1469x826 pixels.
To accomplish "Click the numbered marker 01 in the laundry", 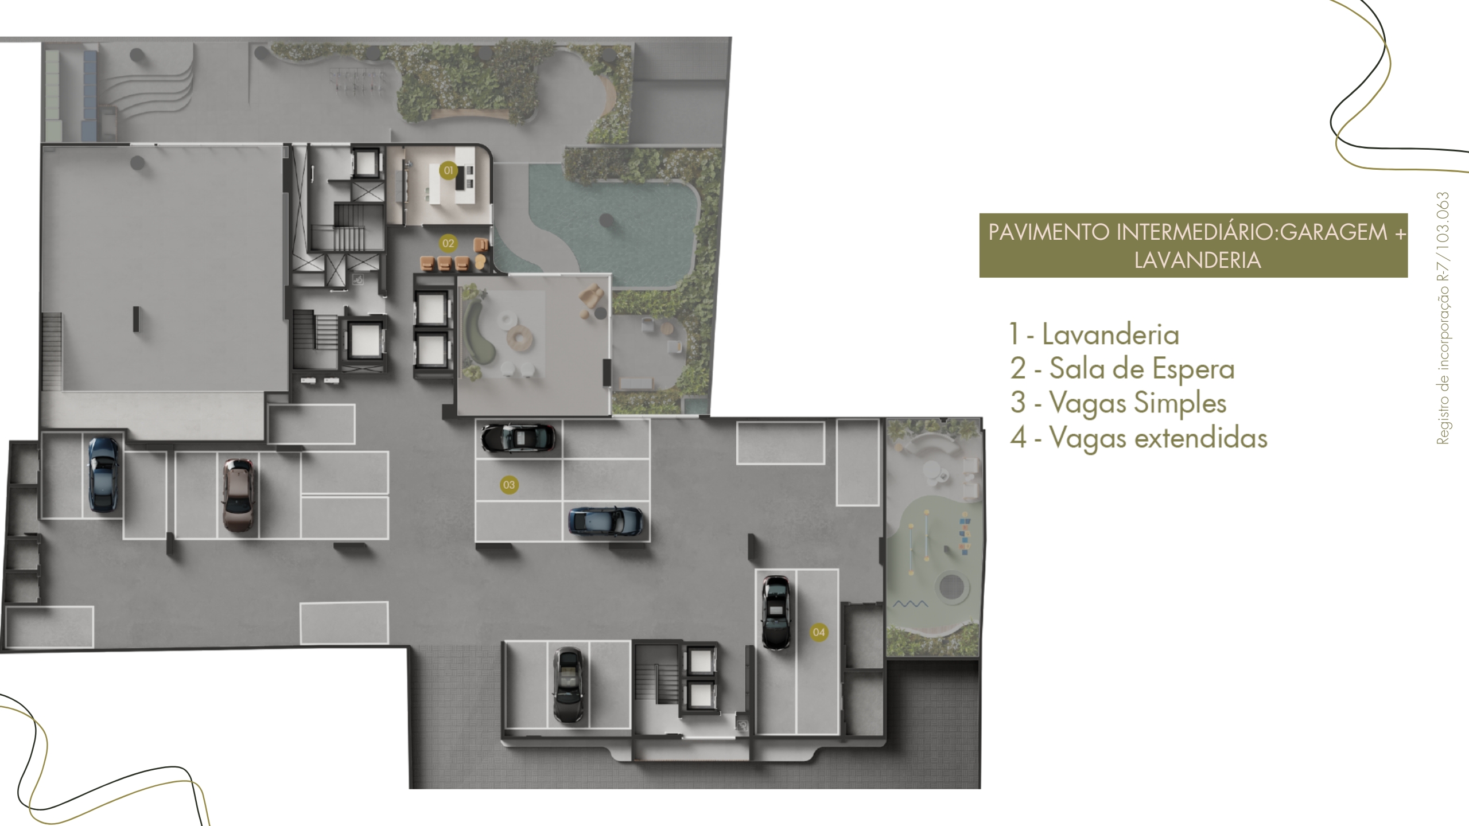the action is tap(448, 170).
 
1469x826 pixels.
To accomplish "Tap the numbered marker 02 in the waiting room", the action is tap(448, 243).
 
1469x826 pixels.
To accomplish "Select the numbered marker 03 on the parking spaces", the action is tap(509, 485).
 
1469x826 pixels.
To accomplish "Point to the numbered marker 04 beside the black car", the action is tap(819, 632).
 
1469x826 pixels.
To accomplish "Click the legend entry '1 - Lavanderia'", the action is tap(1094, 334).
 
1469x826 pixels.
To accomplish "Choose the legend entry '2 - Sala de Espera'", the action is tap(1122, 369).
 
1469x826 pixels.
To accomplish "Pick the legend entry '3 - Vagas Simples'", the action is tap(1118, 403).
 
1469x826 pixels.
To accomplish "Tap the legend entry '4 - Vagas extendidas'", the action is tap(1139, 438).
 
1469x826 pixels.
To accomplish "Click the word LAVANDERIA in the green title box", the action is tap(1198, 260).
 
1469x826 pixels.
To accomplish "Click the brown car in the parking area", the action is tap(239, 495).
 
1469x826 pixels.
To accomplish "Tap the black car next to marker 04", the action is tap(775, 613).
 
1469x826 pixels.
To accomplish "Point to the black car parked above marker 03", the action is tap(518, 439).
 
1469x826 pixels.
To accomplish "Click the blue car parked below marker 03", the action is tap(606, 521).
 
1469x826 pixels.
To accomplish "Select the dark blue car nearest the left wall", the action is tap(103, 474).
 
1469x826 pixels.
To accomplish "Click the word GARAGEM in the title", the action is tap(1334, 232).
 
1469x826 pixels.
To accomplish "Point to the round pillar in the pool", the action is tap(606, 220).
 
